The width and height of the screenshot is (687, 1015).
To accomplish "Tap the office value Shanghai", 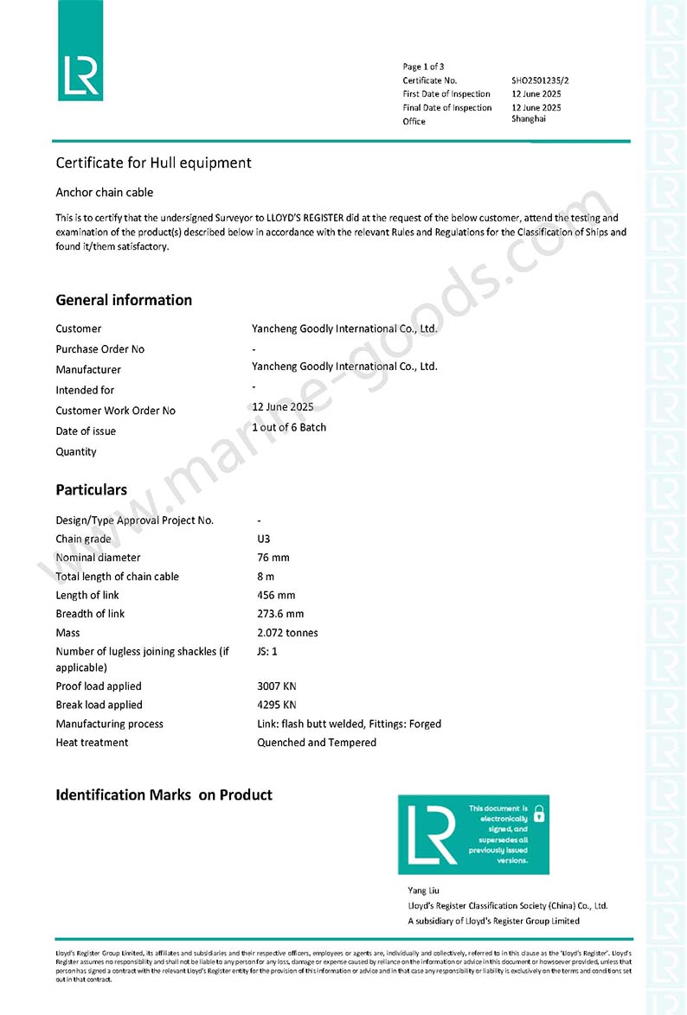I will [x=529, y=118].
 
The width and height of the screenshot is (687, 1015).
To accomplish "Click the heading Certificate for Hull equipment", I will [x=153, y=163].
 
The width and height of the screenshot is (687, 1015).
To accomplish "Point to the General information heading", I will [x=124, y=300].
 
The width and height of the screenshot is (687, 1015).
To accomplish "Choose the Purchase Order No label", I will [x=100, y=349].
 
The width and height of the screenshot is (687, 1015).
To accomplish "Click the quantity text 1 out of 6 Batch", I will [x=289, y=427].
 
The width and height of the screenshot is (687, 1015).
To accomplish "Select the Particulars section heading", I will [x=91, y=489].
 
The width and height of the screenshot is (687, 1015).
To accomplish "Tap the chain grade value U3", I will [x=264, y=539].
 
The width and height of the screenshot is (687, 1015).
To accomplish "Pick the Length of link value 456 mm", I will [x=276, y=595].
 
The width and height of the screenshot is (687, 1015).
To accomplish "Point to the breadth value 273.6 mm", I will [x=280, y=614].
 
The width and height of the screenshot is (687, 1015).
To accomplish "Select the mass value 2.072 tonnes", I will [x=287, y=633].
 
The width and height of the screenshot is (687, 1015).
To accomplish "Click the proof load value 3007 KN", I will [x=277, y=686].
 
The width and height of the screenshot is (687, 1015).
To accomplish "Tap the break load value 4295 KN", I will [x=277, y=705].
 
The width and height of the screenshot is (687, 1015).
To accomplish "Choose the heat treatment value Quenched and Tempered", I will [x=317, y=743].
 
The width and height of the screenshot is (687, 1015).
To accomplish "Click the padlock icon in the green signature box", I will [x=538, y=814].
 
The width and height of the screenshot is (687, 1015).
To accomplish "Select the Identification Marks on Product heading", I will [x=164, y=795].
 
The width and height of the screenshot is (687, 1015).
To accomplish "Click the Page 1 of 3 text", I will [x=423, y=67].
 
